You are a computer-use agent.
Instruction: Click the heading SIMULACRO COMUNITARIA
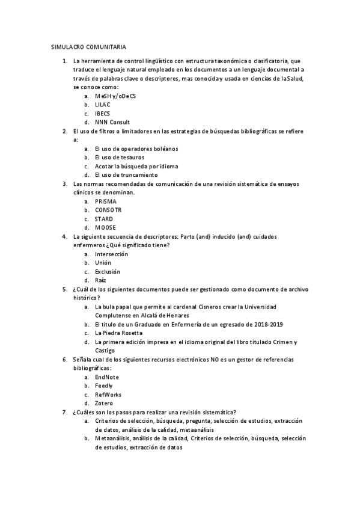(88, 47)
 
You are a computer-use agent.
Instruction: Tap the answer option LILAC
(103, 105)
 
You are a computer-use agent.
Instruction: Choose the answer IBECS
(102, 113)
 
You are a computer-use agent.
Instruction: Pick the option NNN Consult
(112, 122)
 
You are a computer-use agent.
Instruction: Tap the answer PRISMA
(106, 201)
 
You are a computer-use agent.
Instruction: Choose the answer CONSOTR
(109, 210)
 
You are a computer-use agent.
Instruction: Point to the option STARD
(104, 219)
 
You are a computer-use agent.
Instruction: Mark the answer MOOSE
(105, 227)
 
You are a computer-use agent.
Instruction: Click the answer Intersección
(111, 254)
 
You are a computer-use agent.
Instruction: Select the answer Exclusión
(108, 272)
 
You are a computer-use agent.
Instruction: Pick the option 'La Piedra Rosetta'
(119, 333)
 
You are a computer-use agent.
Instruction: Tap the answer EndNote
(107, 377)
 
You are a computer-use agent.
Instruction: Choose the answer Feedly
(104, 386)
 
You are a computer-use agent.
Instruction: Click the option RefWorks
(108, 395)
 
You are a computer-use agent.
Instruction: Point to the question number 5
(64, 289)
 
